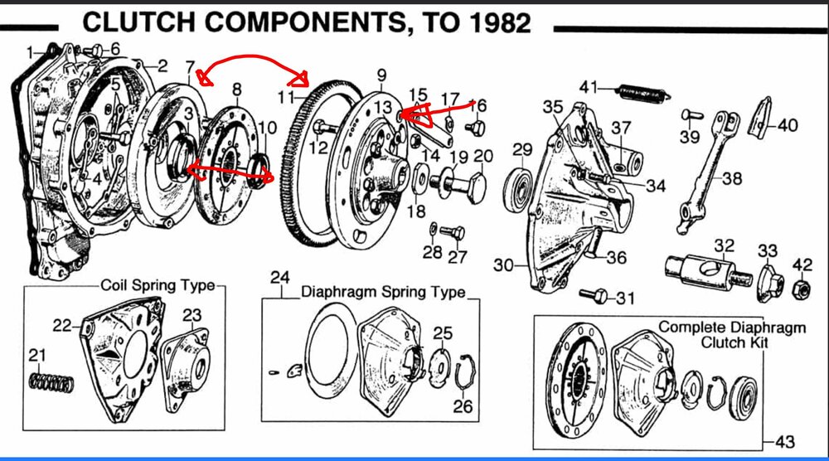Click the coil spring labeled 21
tap(50, 381)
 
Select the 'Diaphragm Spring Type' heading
tap(383, 293)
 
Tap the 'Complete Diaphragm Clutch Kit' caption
tap(732, 334)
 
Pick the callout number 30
tap(504, 266)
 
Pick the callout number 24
tap(279, 275)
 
